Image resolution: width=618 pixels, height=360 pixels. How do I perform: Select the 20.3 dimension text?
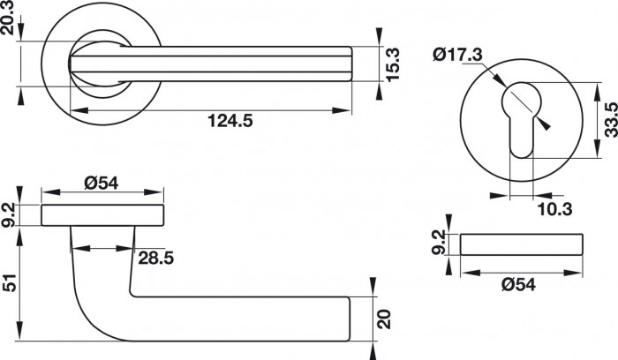click(10, 26)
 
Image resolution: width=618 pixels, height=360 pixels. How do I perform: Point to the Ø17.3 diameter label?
click(458, 55)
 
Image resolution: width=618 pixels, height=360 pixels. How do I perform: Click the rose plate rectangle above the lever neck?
click(103, 215)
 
